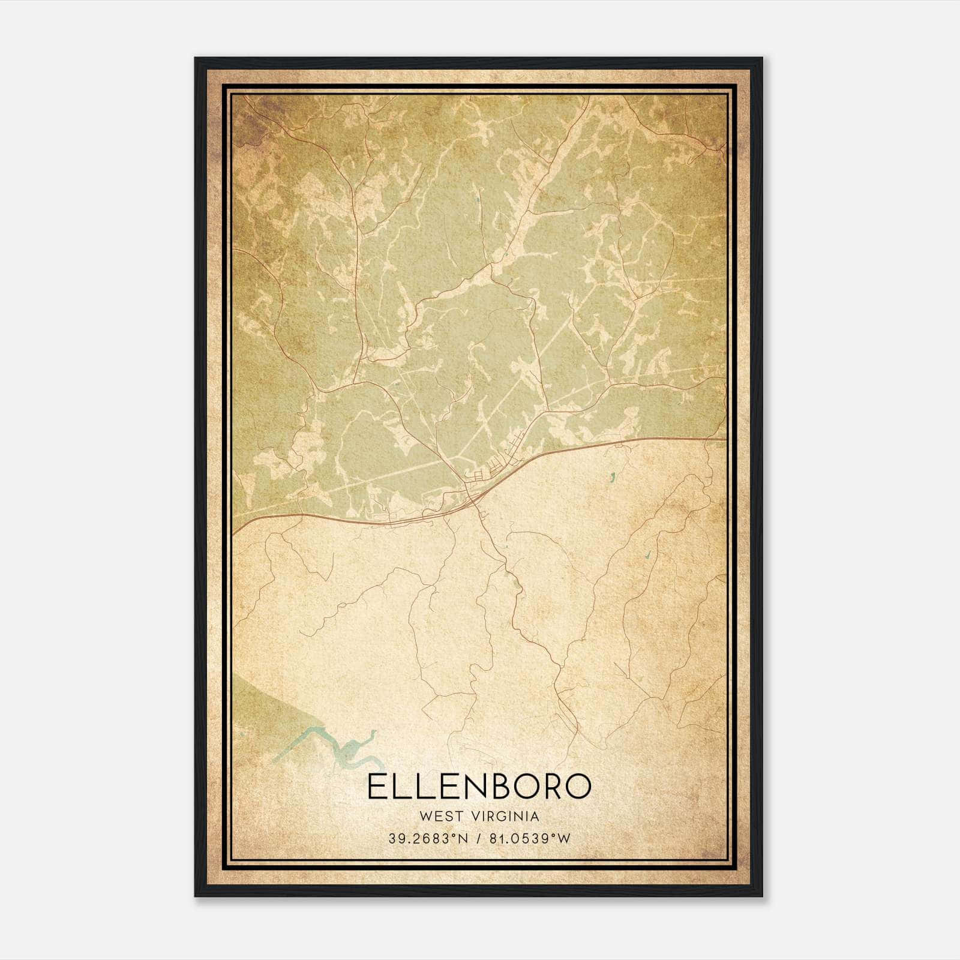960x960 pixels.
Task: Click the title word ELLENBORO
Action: coord(479,787)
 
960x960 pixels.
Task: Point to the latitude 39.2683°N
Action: coord(428,839)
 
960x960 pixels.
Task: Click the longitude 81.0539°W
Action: coord(528,839)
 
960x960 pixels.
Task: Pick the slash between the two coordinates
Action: coord(478,839)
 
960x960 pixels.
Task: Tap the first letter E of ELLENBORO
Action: coord(376,787)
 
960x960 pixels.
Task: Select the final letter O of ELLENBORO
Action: coord(577,787)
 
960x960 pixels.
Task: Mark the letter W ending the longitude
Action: coord(564,839)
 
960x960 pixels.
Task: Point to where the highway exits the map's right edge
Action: coord(724,439)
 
